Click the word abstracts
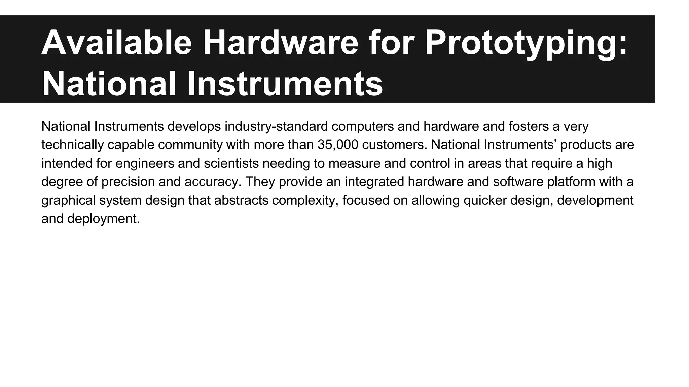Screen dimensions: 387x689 tap(241, 200)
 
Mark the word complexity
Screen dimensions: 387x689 tap(305, 200)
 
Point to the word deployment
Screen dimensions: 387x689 tap(103, 219)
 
